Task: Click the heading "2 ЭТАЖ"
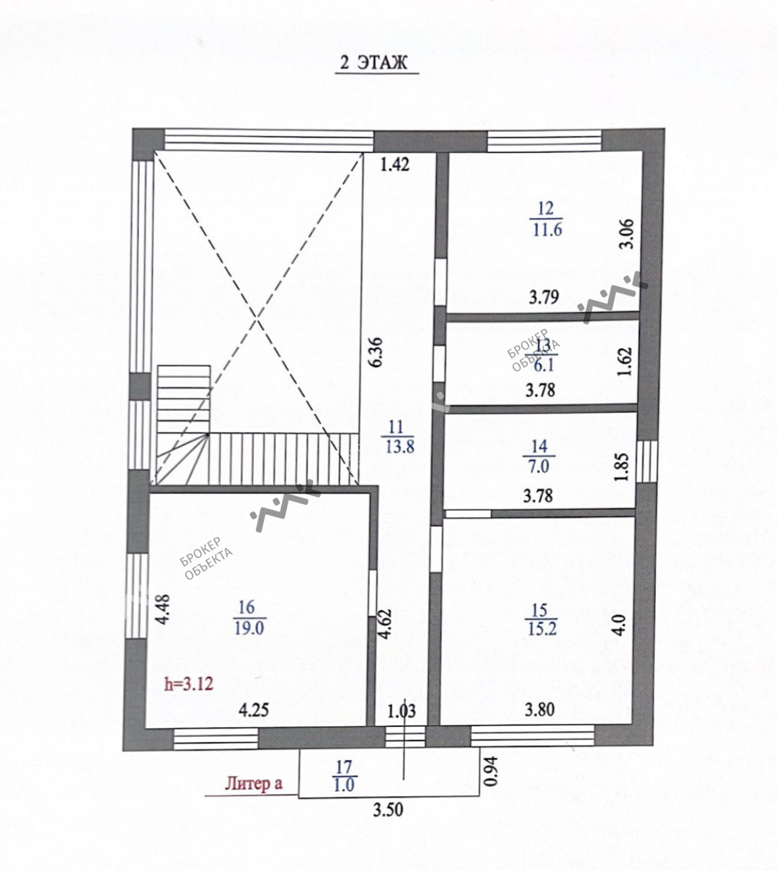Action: tap(373, 63)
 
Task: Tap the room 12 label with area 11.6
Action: tap(546, 220)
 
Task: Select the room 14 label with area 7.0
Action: tap(539, 456)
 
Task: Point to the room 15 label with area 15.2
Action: tap(541, 619)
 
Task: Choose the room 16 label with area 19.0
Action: tap(249, 618)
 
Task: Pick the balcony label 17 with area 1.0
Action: tap(345, 776)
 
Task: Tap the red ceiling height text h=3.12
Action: tap(189, 684)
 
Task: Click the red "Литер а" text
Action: tap(254, 782)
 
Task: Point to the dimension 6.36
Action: tap(376, 352)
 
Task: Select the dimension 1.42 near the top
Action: tap(395, 164)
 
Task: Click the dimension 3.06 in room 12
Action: tap(626, 234)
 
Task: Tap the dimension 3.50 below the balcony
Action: tap(388, 810)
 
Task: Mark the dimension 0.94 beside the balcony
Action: tap(491, 771)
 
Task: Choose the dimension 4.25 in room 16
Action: tap(254, 710)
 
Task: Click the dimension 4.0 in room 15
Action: tap(620, 625)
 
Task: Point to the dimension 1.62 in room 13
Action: tap(625, 362)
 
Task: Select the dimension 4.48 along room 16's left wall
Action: tap(163, 609)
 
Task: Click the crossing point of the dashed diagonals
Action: tap(257, 318)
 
